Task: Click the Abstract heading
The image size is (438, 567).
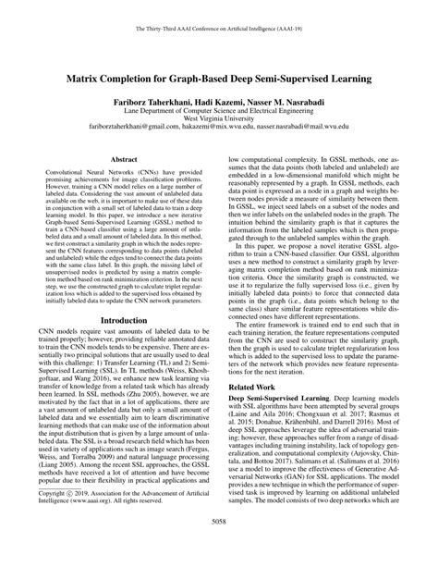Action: pos(117,159)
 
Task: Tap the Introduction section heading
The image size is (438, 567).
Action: pos(117,321)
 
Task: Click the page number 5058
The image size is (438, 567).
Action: pos(219,547)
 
